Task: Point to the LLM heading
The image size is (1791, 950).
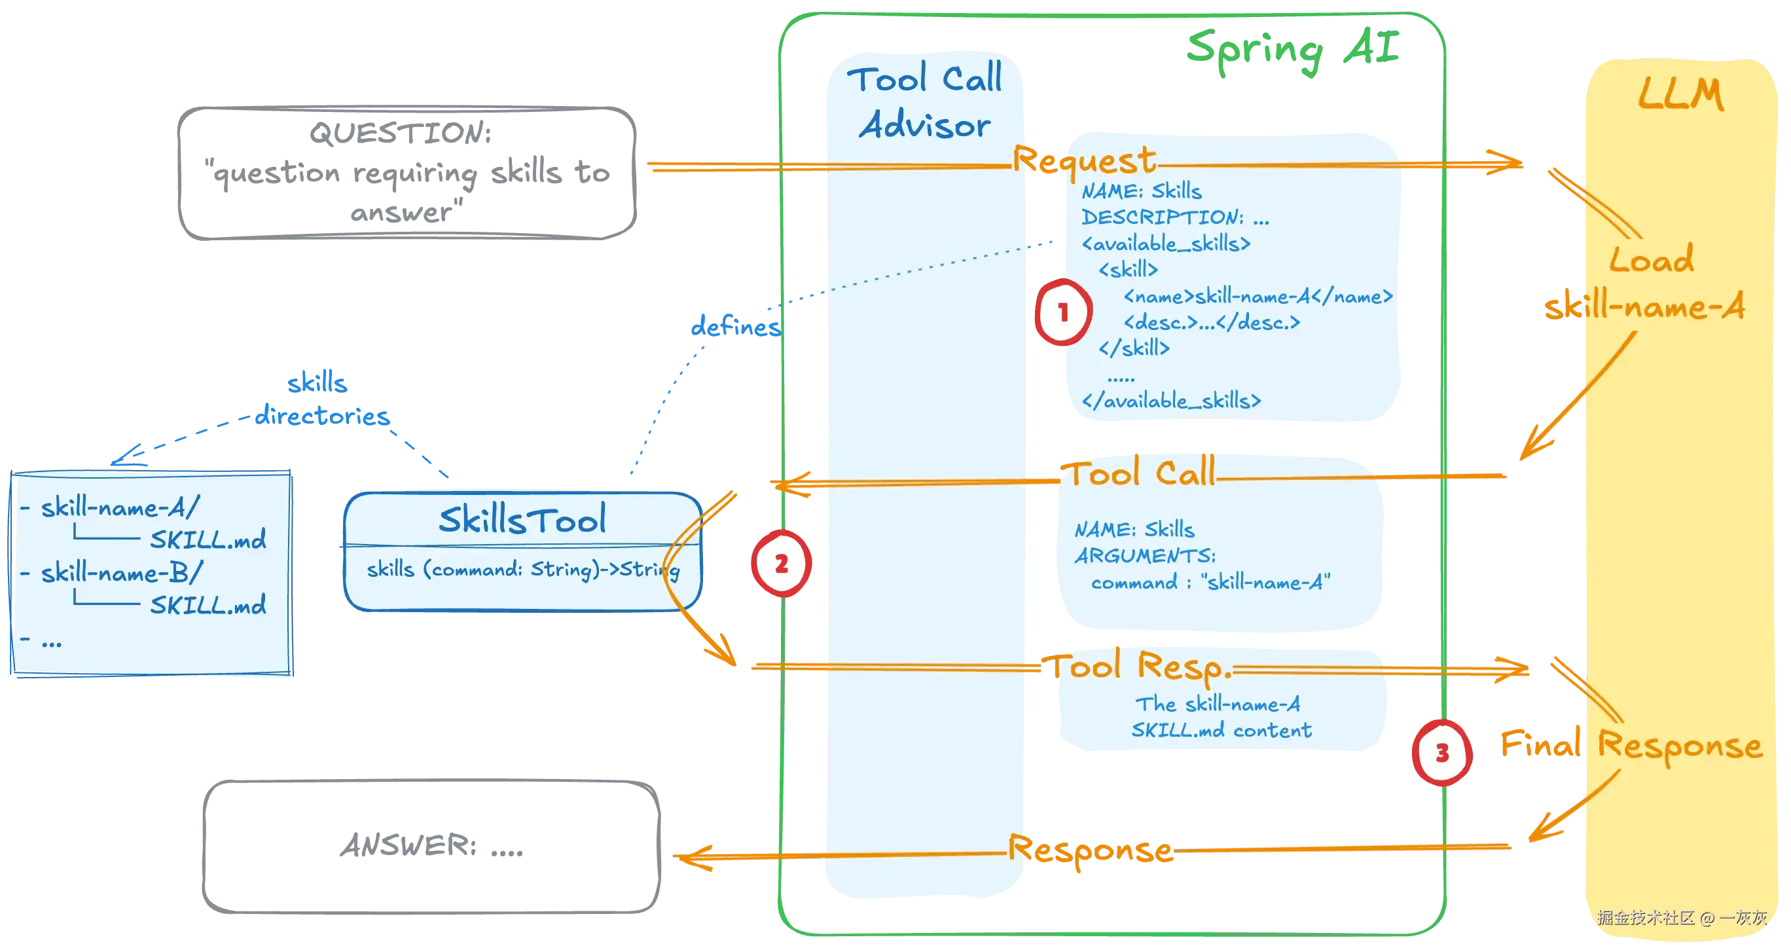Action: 1681,94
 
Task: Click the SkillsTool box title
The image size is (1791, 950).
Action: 522,519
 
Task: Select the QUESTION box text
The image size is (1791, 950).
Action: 407,172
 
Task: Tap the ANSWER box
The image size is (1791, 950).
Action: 431,846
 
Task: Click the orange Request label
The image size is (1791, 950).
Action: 1084,160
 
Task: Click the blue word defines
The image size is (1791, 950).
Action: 736,325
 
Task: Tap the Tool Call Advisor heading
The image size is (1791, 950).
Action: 925,101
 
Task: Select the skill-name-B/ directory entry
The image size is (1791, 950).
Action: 122,572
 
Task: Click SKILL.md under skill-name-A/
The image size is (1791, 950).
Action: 208,539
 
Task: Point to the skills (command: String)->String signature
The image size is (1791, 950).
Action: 523,570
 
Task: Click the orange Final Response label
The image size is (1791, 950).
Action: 1631,746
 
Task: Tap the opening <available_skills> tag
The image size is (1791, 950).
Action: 1166,244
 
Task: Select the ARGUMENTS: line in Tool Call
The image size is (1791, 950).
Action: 1145,556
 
